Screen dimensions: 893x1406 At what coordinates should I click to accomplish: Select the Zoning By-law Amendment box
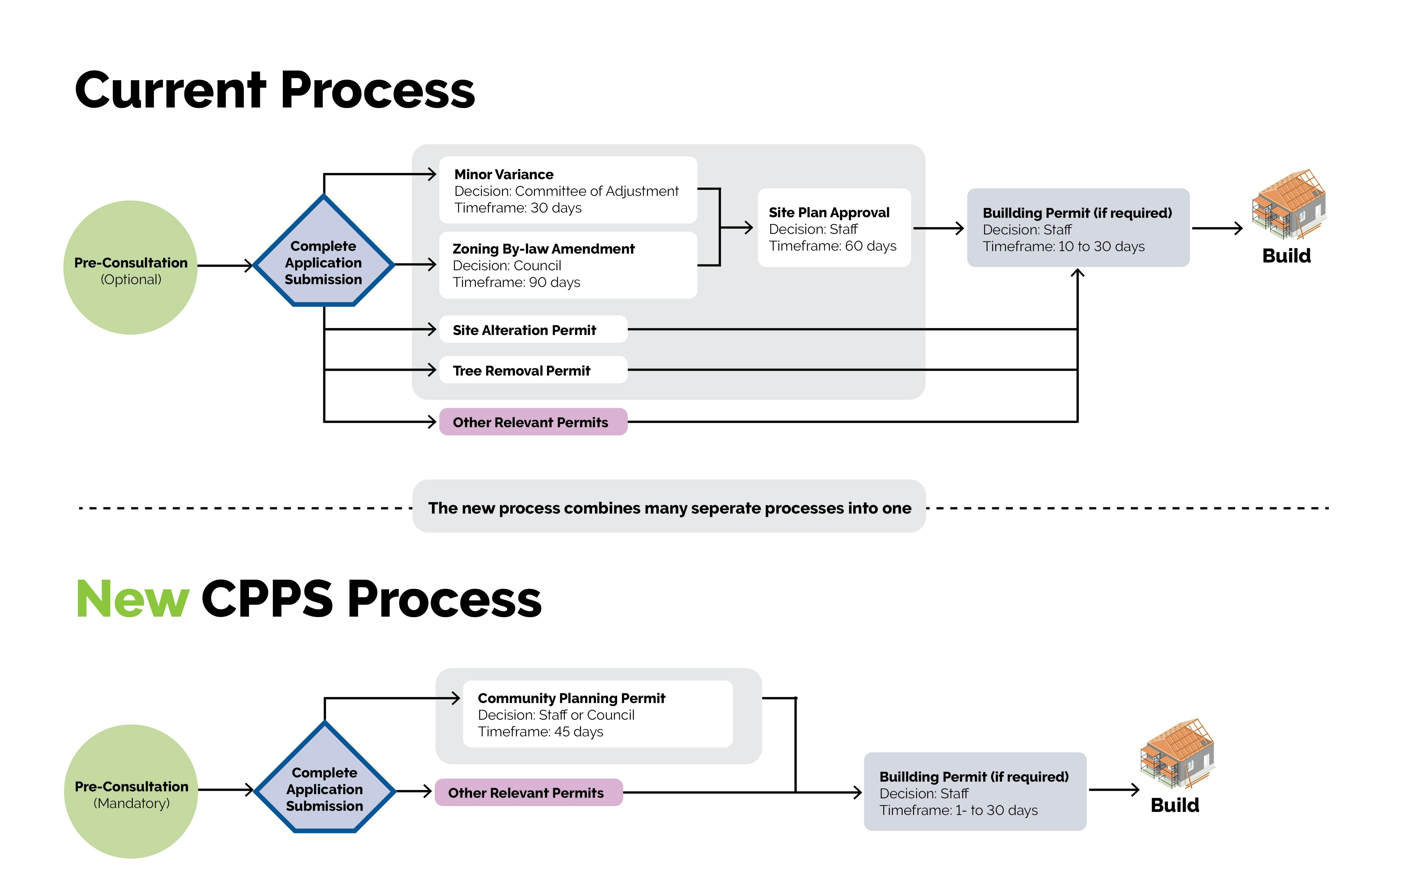click(x=568, y=265)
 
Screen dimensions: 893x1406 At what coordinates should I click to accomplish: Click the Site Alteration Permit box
click(x=533, y=330)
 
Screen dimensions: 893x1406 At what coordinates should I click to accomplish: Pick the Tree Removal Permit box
click(x=533, y=370)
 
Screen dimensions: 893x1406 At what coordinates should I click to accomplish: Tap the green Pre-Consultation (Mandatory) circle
click(x=131, y=791)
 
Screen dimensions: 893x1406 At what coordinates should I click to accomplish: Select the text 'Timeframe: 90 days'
click(x=516, y=283)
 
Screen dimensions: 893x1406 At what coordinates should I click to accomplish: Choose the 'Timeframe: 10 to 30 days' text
click(x=1063, y=246)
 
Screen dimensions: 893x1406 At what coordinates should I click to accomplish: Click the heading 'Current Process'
click(x=274, y=91)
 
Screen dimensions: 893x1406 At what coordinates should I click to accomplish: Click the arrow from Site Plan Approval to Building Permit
click(x=938, y=228)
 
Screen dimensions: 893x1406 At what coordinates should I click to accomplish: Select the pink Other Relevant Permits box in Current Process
click(x=533, y=422)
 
